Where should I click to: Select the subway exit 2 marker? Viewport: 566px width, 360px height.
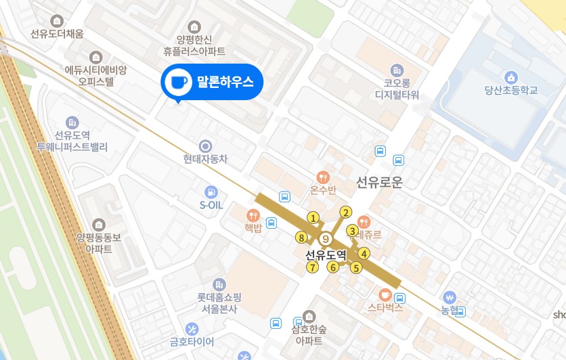(x=346, y=212)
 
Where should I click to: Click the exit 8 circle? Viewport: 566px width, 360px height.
(x=301, y=237)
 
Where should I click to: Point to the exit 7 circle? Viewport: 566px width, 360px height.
(x=312, y=267)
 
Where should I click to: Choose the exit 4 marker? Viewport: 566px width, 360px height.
(x=364, y=254)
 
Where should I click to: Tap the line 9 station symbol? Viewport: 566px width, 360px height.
(x=326, y=239)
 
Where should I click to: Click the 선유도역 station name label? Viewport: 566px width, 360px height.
(x=326, y=255)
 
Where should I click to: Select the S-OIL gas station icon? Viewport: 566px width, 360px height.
(x=211, y=192)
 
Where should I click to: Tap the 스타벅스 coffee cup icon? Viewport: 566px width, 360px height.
(x=385, y=294)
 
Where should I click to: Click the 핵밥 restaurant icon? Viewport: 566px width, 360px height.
(x=254, y=216)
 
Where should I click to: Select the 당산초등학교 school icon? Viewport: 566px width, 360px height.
(x=511, y=76)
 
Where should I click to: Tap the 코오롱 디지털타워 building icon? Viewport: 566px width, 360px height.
(x=397, y=70)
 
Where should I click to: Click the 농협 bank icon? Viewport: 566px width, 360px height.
(x=450, y=297)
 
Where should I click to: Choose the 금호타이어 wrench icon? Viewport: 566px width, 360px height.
(x=192, y=329)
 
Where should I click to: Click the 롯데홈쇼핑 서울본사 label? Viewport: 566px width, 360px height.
(x=219, y=302)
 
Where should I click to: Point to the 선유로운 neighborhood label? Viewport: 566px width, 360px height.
(x=379, y=182)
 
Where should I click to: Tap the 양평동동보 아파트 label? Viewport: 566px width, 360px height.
(x=99, y=242)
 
